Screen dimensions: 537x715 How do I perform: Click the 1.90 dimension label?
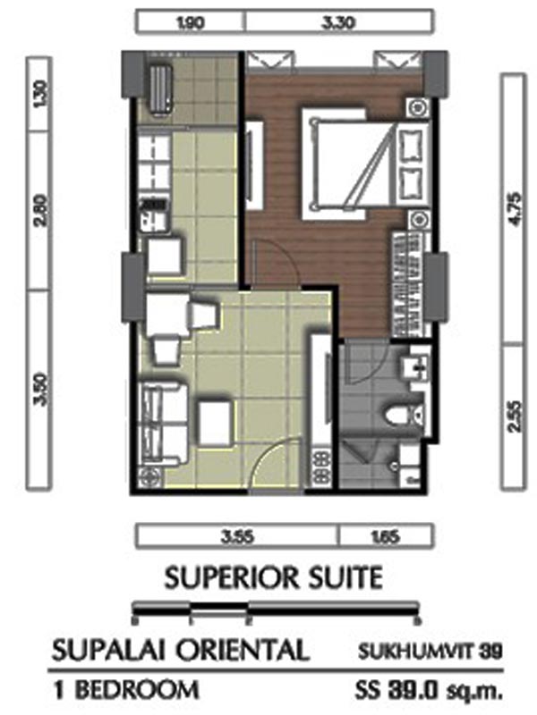pos(190,22)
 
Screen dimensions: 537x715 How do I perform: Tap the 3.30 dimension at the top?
pos(338,22)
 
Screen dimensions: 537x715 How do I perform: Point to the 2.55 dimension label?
pos(513,416)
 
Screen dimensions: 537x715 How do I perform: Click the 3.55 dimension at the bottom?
pos(237,537)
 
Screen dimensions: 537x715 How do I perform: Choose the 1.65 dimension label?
pos(386,537)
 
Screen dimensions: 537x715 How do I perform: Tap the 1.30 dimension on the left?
pos(39,94)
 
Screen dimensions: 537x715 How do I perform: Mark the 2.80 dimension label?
pos(39,210)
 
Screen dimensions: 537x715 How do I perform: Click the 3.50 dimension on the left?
pos(39,389)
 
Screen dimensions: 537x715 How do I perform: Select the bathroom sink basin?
pos(415,366)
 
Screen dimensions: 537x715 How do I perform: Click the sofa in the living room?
pos(162,423)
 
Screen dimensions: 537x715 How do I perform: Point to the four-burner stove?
pos(320,465)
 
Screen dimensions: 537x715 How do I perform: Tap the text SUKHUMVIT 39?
pos(430,651)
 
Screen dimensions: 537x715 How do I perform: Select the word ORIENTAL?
pos(242,650)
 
